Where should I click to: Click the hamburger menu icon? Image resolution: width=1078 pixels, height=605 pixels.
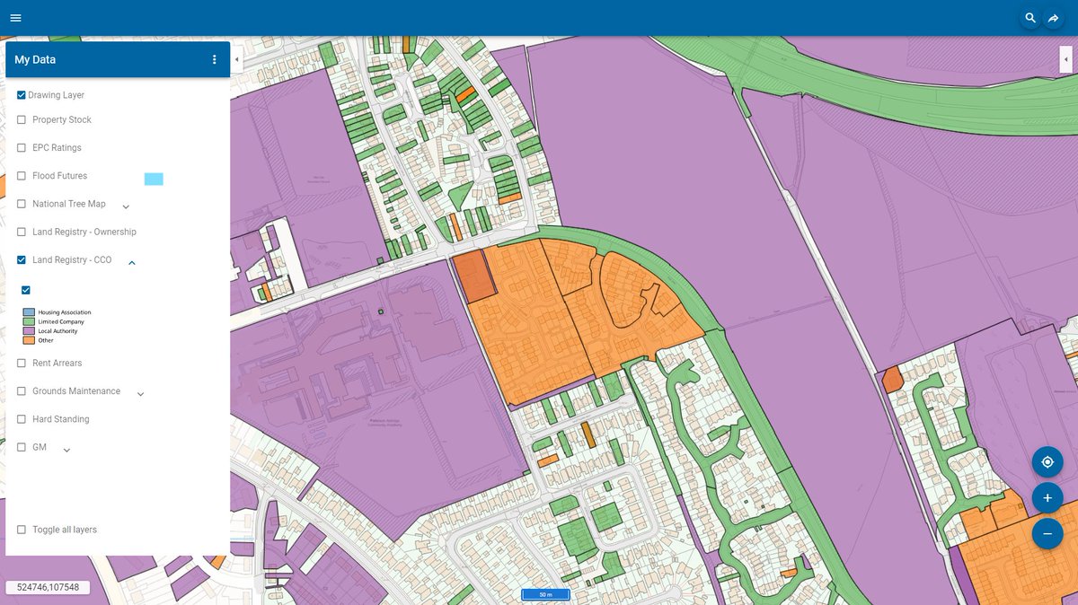pyautogui.click(x=15, y=18)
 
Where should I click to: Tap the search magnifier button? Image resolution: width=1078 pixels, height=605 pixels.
pyautogui.click(x=1030, y=18)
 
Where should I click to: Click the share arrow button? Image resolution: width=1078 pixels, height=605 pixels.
pyautogui.click(x=1054, y=18)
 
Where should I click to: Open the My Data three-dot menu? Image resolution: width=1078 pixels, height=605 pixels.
pyautogui.click(x=214, y=60)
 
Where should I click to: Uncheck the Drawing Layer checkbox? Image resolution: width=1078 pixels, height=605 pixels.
pyautogui.click(x=22, y=94)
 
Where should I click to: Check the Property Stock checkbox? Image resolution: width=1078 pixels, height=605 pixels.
pyautogui.click(x=22, y=119)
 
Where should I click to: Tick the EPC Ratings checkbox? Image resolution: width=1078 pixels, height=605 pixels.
pyautogui.click(x=22, y=147)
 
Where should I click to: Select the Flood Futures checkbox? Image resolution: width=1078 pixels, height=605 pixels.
pyautogui.click(x=22, y=176)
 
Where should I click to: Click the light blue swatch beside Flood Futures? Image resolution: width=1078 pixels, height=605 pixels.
pyautogui.click(x=154, y=180)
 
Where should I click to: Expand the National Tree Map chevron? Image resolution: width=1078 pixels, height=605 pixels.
pyautogui.click(x=126, y=206)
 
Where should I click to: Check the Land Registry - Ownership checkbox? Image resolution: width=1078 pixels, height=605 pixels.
pyautogui.click(x=22, y=232)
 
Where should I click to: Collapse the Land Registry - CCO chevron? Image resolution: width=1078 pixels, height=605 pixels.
pyautogui.click(x=132, y=262)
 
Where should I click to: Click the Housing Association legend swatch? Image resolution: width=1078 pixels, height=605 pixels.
pyautogui.click(x=28, y=312)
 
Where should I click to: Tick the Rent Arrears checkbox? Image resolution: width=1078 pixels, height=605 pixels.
pyautogui.click(x=22, y=363)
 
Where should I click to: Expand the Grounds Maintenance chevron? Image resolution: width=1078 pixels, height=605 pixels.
pyautogui.click(x=140, y=393)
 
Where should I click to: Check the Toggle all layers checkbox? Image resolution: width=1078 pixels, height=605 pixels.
pyautogui.click(x=22, y=530)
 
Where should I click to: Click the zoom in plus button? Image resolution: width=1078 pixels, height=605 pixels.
pyautogui.click(x=1047, y=497)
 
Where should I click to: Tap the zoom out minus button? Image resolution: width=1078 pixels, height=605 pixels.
pyautogui.click(x=1047, y=533)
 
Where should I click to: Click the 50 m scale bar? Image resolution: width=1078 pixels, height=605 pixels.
pyautogui.click(x=545, y=594)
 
